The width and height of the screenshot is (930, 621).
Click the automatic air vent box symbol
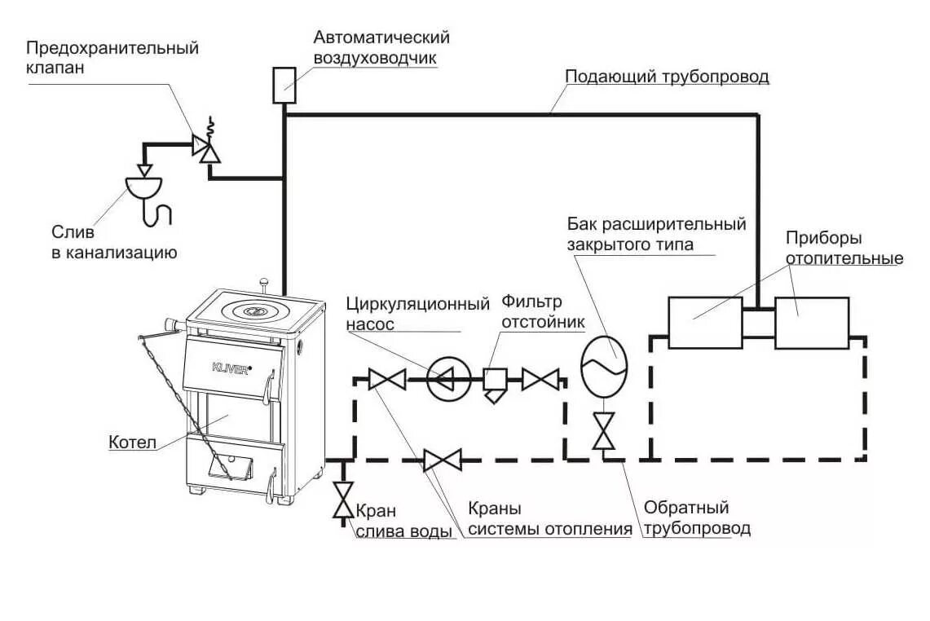click(x=283, y=85)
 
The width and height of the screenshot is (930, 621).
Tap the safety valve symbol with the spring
click(x=205, y=148)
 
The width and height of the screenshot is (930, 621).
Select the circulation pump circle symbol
click(x=446, y=379)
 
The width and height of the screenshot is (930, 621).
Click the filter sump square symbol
click(x=495, y=380)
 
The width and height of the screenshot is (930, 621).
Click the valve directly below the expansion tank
click(x=604, y=431)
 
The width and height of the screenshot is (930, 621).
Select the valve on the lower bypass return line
click(x=443, y=460)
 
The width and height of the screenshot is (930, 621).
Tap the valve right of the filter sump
click(x=540, y=379)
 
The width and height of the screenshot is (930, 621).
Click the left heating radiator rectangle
click(x=704, y=323)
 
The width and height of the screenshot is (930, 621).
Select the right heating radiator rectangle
click(x=812, y=323)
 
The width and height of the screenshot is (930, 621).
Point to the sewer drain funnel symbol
click(x=145, y=187)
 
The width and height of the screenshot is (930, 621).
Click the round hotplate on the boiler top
click(x=255, y=310)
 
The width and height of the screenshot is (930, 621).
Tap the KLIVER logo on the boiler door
click(x=229, y=365)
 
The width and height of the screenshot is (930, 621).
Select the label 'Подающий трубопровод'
click(x=668, y=77)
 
